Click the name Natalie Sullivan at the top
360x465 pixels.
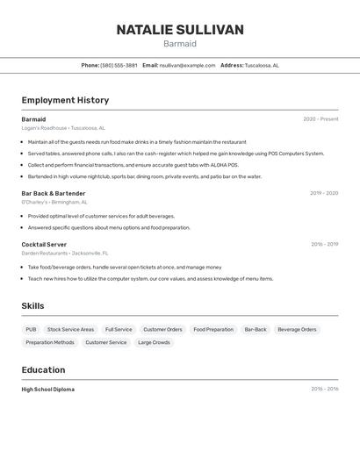pyautogui.click(x=180, y=30)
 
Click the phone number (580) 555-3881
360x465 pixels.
pyautogui.click(x=119, y=65)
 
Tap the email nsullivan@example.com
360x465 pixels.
pyautogui.click(x=187, y=65)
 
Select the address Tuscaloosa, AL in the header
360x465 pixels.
pyautogui.click(x=262, y=65)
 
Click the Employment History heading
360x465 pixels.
pyautogui.click(x=65, y=100)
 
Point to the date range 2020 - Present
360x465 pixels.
pyautogui.click(x=320, y=119)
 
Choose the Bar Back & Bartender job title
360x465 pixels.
pyautogui.click(x=54, y=193)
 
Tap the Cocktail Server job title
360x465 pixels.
pyautogui.click(x=44, y=245)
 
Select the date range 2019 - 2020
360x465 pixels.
pyautogui.click(x=324, y=193)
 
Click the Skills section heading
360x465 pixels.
pyautogui.click(x=33, y=305)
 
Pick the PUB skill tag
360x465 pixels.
pyautogui.click(x=31, y=330)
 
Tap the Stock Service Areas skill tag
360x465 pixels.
pyautogui.click(x=70, y=330)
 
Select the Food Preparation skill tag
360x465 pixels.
pyautogui.click(x=213, y=330)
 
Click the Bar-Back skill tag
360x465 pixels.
pyautogui.click(x=256, y=330)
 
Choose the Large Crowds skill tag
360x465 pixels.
pyautogui.click(x=154, y=342)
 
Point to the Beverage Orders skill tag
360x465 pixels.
pyautogui.click(x=297, y=330)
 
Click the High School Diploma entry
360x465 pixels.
pyautogui.click(x=48, y=390)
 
